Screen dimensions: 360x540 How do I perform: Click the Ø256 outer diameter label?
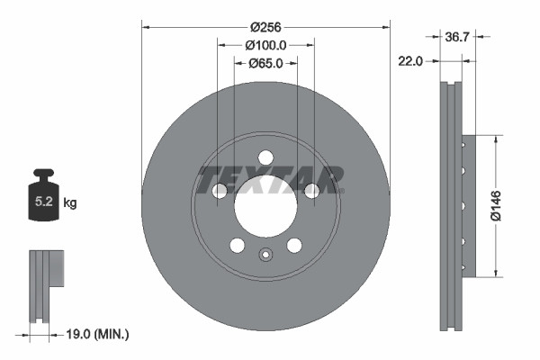click(x=265, y=27)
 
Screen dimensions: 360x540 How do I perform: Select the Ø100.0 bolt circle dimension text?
click(x=265, y=45)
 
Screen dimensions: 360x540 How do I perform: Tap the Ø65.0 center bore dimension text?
click(x=265, y=63)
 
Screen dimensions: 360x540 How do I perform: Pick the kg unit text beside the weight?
click(x=70, y=203)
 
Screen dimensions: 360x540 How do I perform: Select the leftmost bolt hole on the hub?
click(x=219, y=190)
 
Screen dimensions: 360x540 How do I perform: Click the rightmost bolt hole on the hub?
click(x=312, y=190)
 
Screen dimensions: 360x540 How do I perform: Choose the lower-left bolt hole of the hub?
click(x=238, y=245)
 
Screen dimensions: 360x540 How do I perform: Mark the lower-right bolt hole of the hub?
click(x=294, y=245)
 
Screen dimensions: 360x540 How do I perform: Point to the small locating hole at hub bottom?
click(x=265, y=254)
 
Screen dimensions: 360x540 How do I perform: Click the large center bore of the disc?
click(x=265, y=206)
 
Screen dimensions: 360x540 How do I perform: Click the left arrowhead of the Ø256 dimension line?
click(x=146, y=27)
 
